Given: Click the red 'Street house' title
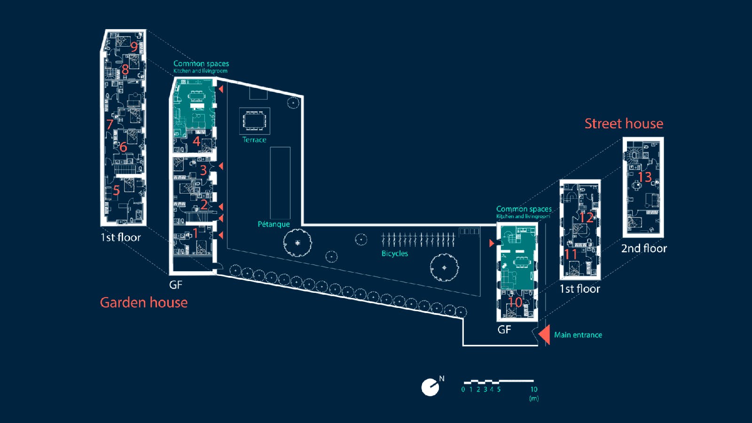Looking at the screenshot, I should pyautogui.click(x=624, y=124).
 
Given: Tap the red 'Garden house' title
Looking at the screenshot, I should pyautogui.click(x=143, y=302).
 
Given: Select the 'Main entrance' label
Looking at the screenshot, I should pyautogui.click(x=578, y=335).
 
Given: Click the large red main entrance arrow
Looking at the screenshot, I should pyautogui.click(x=545, y=334).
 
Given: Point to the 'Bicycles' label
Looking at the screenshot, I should pyautogui.click(x=394, y=253).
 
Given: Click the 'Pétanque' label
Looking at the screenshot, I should pyautogui.click(x=274, y=224).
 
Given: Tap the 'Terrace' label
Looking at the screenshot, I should pyautogui.click(x=254, y=140).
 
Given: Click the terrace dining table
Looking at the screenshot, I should pyautogui.click(x=254, y=121).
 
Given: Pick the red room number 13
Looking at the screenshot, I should pyautogui.click(x=644, y=177).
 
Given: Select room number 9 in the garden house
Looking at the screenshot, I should pyautogui.click(x=134, y=47).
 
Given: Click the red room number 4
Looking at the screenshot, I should pyautogui.click(x=196, y=141).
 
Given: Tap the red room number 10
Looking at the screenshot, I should pyautogui.click(x=515, y=302).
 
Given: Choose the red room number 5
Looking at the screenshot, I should pyautogui.click(x=116, y=190).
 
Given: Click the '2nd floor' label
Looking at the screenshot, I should pyautogui.click(x=644, y=248).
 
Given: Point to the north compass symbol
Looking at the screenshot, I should pyautogui.click(x=431, y=387).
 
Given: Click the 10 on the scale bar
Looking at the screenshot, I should pyautogui.click(x=534, y=389).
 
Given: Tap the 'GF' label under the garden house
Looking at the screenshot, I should pyautogui.click(x=175, y=285).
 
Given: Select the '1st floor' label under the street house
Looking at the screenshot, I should pyautogui.click(x=580, y=289).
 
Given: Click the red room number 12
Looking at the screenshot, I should pyautogui.click(x=586, y=218).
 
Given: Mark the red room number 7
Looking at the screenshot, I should pyautogui.click(x=110, y=125).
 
